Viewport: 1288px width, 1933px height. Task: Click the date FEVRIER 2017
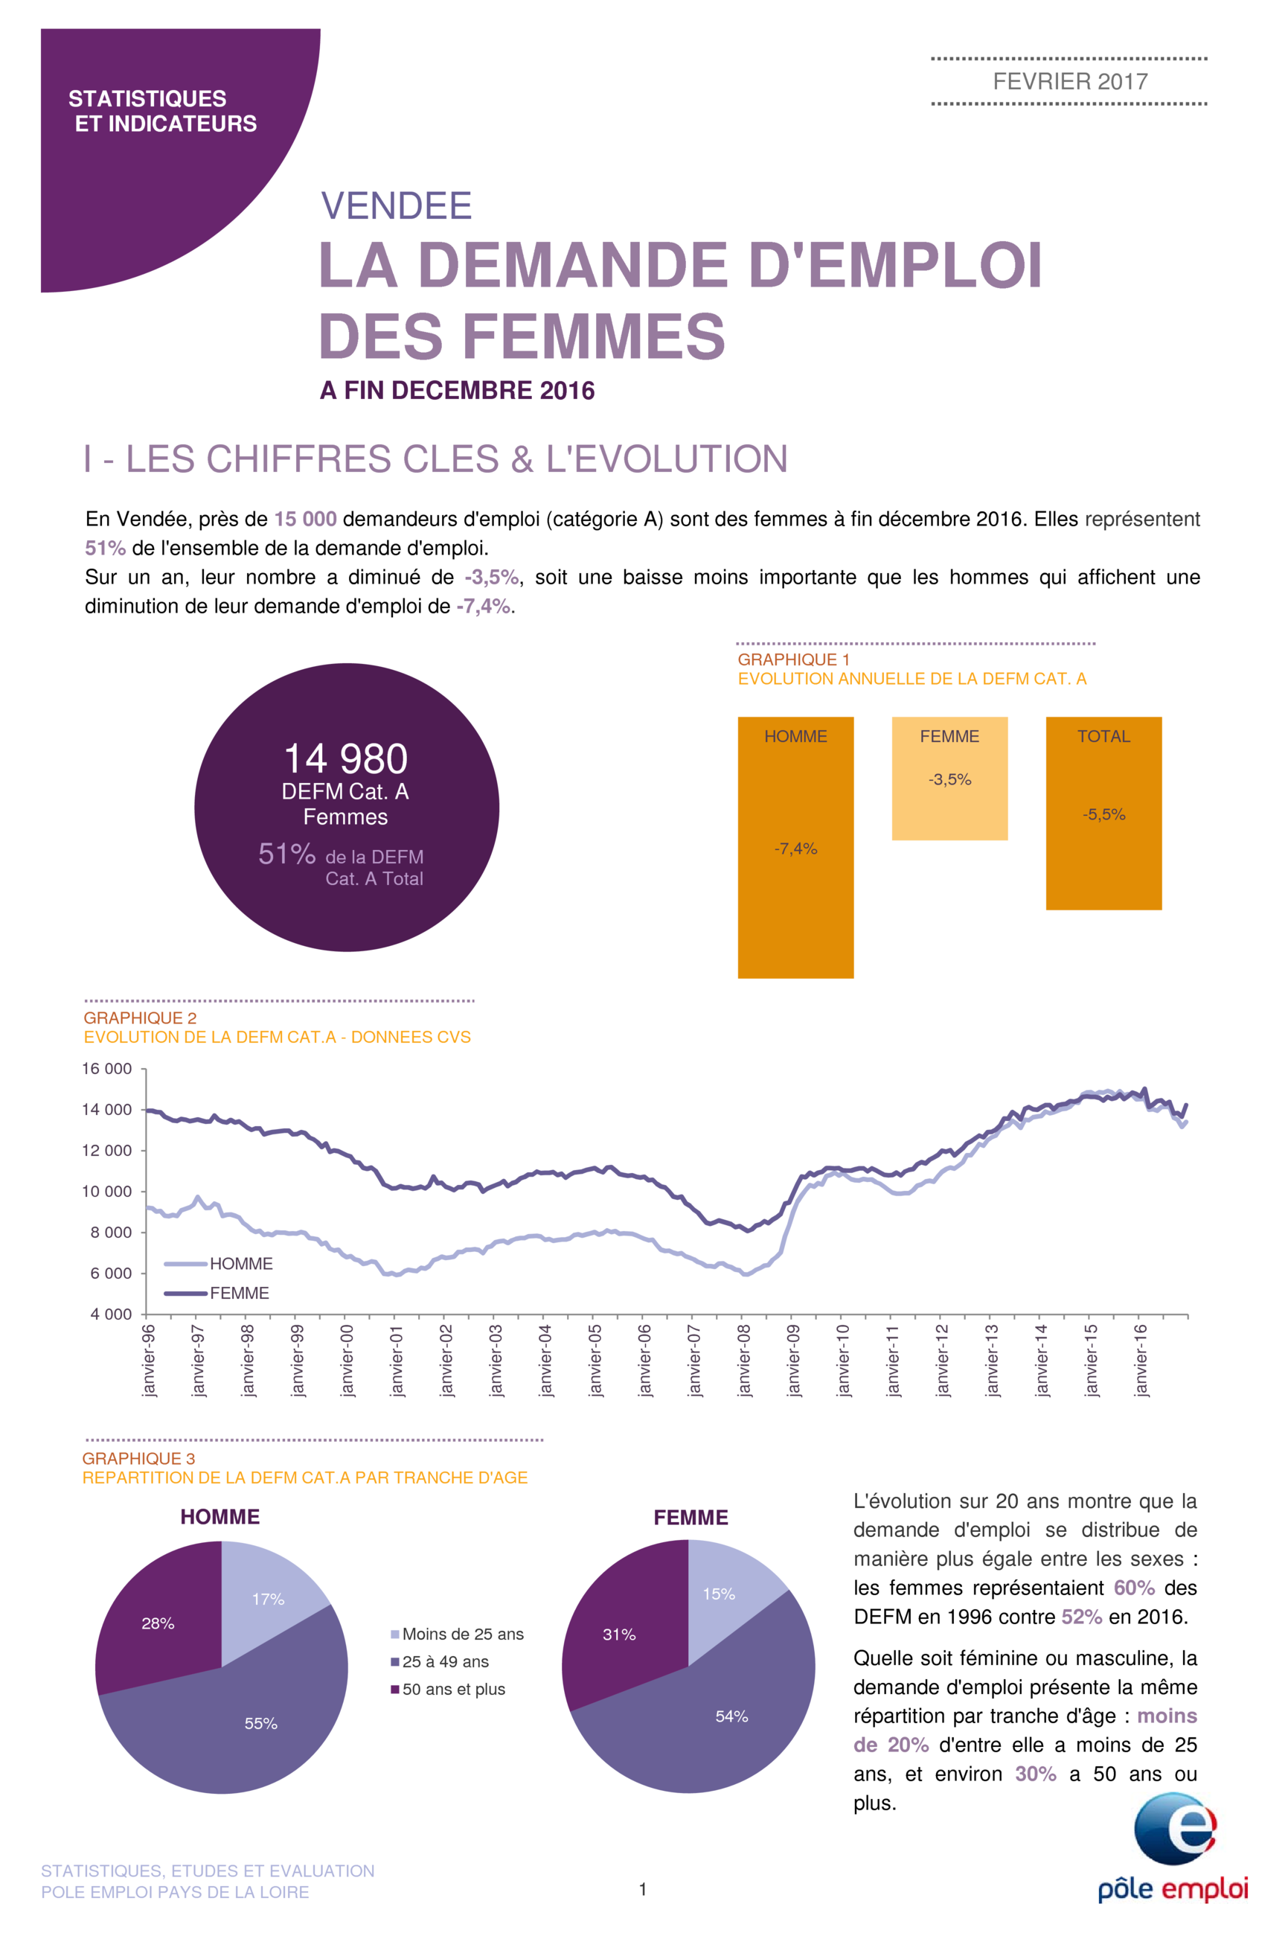pyautogui.click(x=1069, y=81)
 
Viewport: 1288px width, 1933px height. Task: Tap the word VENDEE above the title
pyautogui.click(x=396, y=205)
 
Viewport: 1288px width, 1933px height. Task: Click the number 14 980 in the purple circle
pyautogui.click(x=346, y=758)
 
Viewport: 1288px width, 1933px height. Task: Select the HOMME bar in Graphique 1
pyautogui.click(x=795, y=847)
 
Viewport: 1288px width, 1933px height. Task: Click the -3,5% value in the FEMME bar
pyautogui.click(x=949, y=779)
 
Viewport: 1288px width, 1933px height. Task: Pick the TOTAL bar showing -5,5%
pyautogui.click(x=1103, y=814)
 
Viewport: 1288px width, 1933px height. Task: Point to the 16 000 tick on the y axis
pyautogui.click(x=107, y=1068)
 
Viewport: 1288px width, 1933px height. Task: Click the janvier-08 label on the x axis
pyautogui.click(x=744, y=1360)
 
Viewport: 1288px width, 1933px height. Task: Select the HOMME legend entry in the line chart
pyautogui.click(x=219, y=1263)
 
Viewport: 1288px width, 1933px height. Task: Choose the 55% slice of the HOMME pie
pyautogui.click(x=246, y=1721)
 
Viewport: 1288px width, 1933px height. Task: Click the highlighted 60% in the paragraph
pyautogui.click(x=1133, y=1587)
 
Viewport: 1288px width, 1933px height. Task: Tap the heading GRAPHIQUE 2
pyautogui.click(x=141, y=1017)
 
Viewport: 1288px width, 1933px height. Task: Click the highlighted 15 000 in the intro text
pyautogui.click(x=306, y=520)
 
